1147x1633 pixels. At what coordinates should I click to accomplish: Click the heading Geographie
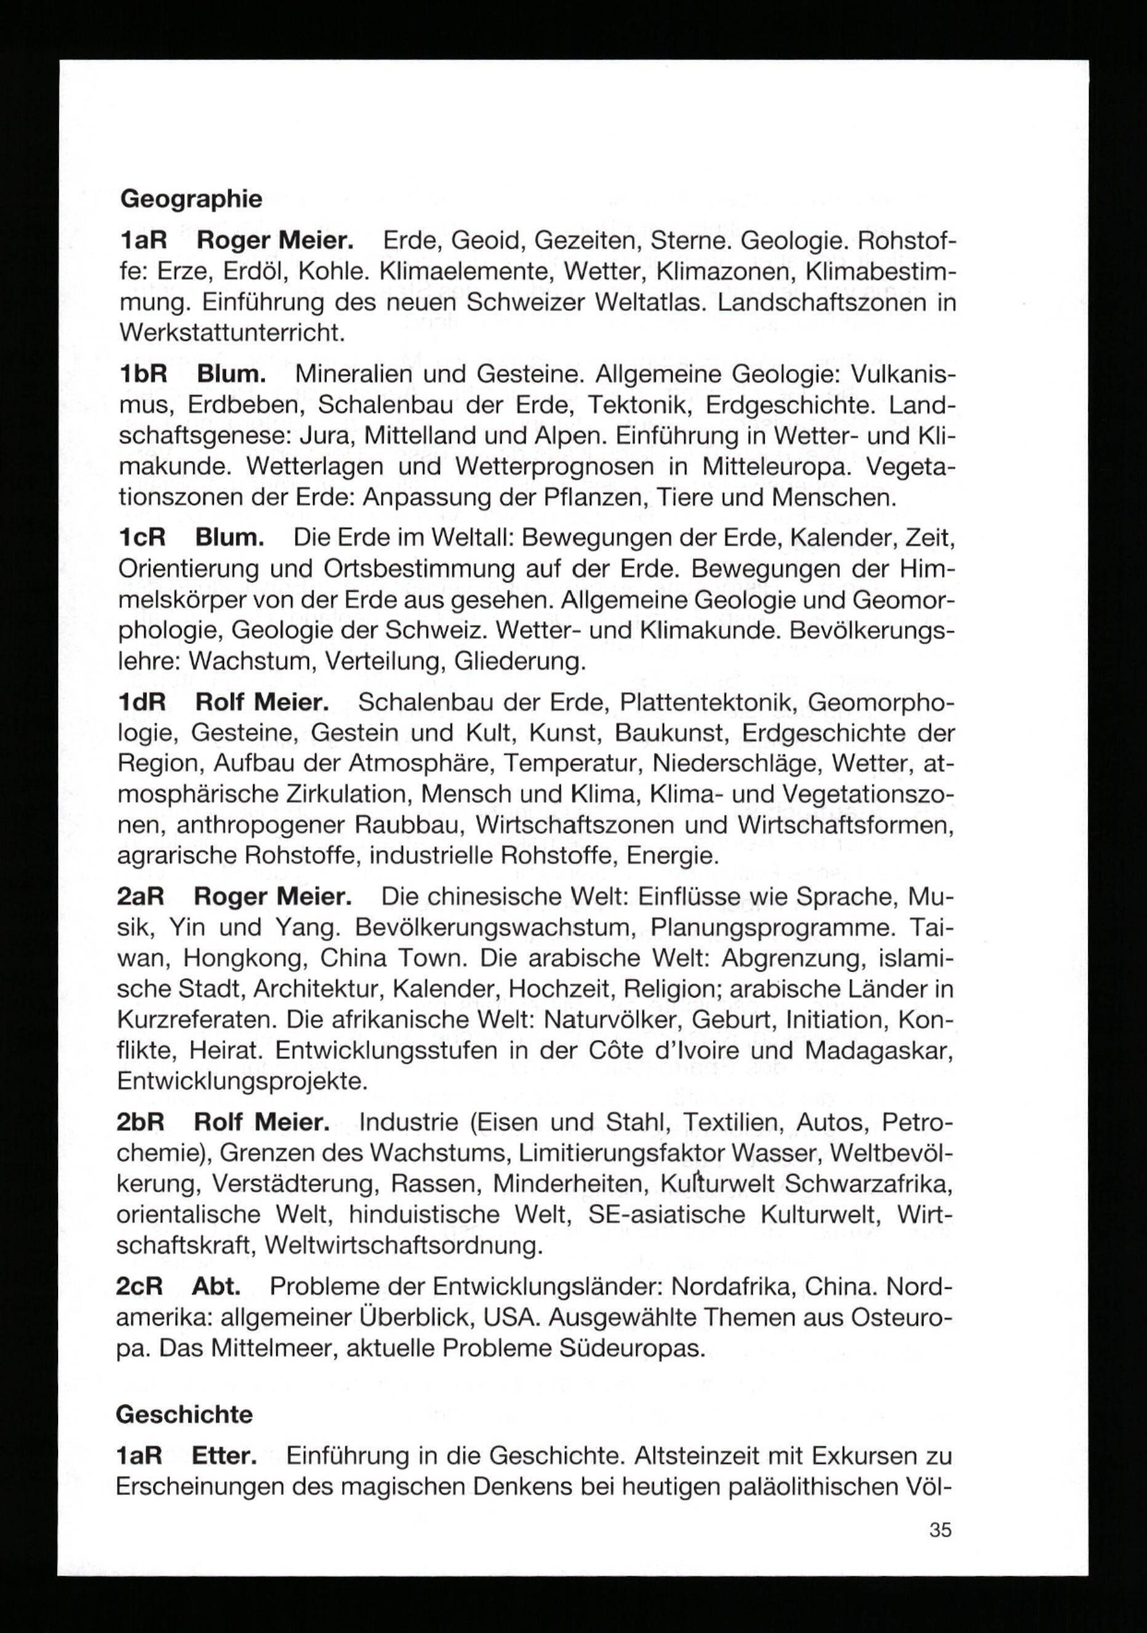[191, 199]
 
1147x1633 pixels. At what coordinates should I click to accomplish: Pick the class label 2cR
[140, 1287]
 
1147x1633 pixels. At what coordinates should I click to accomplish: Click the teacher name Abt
[216, 1287]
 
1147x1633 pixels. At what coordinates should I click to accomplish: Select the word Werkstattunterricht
[232, 333]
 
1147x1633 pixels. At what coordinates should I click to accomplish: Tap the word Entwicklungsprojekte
[242, 1081]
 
